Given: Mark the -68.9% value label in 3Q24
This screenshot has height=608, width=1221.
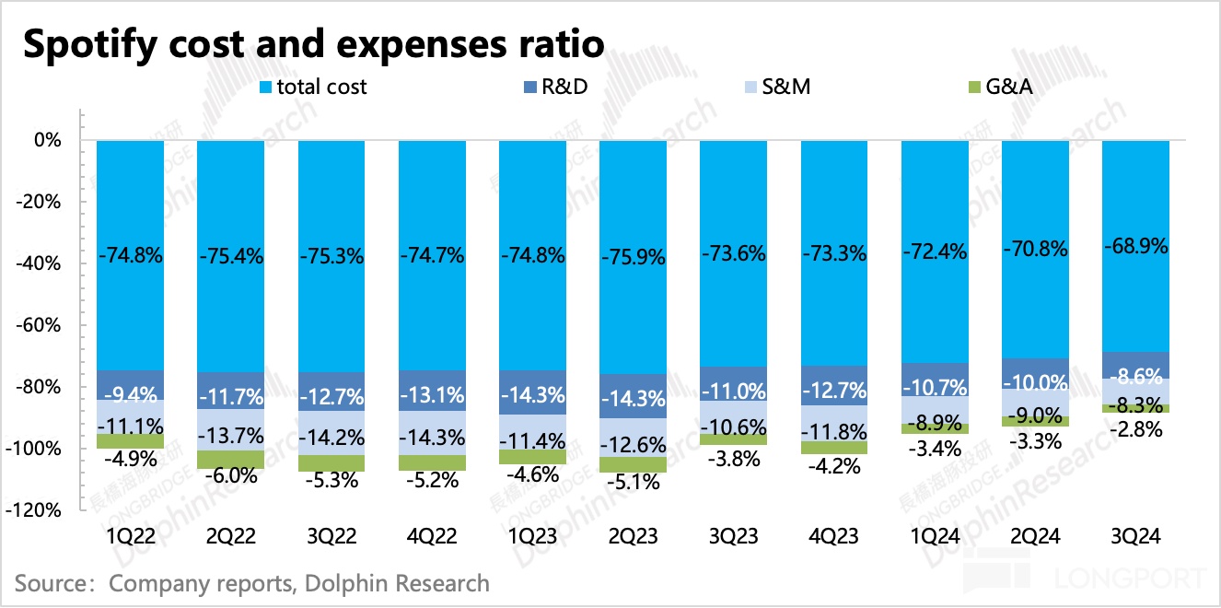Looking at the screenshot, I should pos(1136,247).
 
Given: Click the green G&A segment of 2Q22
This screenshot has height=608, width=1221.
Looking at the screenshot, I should pos(230,460).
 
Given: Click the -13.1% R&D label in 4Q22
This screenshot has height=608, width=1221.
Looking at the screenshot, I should pos(432,395).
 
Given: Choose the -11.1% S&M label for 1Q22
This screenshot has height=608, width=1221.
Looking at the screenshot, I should pos(130,426).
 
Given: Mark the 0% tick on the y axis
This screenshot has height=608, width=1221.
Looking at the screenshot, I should pos(48,141).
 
